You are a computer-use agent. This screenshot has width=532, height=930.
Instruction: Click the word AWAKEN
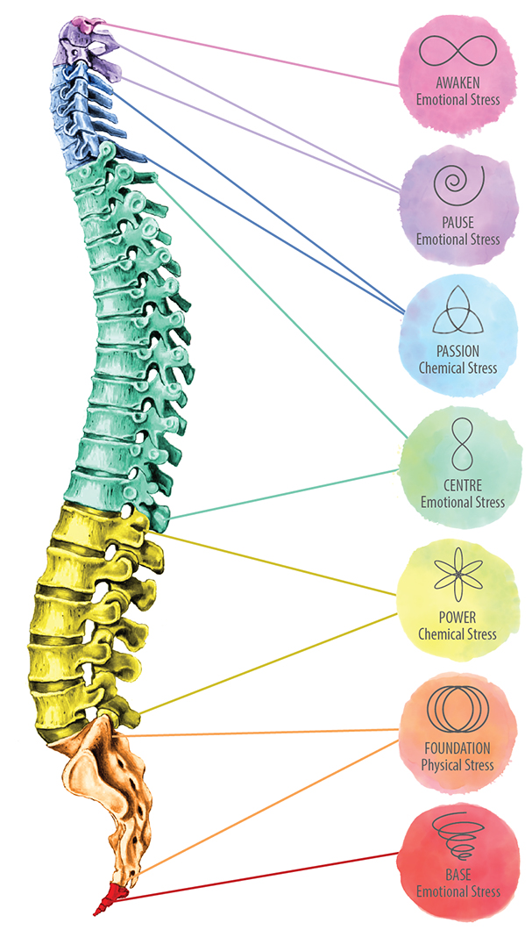point(457,84)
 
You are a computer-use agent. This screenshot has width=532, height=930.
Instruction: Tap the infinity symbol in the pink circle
point(457,50)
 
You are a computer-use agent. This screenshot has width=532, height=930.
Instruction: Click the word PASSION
point(457,351)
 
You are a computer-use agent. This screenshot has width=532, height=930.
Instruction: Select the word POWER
point(457,618)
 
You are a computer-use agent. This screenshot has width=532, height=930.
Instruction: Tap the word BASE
point(458,876)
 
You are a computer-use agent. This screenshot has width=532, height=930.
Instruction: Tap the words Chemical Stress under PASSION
point(457,368)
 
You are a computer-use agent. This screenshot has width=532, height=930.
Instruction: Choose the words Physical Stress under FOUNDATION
point(457,765)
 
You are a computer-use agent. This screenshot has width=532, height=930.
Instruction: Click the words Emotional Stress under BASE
point(458,892)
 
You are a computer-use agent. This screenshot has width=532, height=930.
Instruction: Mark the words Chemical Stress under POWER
point(457,634)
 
